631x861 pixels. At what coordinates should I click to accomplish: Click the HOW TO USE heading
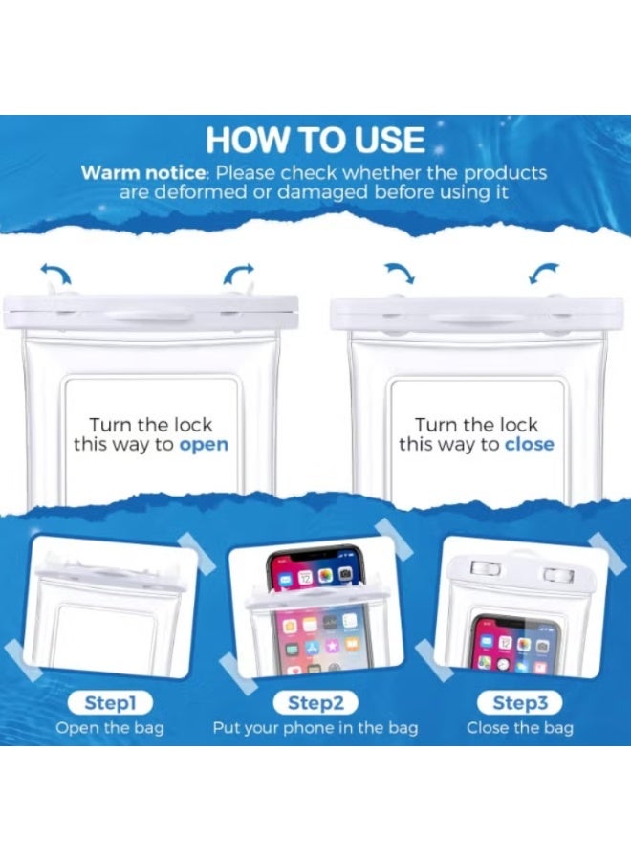click(315, 141)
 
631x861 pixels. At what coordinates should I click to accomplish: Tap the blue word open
click(204, 444)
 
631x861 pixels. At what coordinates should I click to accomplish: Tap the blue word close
click(529, 444)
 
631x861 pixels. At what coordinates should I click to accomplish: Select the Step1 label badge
click(110, 703)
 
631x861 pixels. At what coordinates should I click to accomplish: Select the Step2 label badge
click(315, 703)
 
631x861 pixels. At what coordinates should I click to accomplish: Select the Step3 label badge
click(520, 703)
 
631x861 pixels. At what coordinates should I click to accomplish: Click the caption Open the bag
click(110, 728)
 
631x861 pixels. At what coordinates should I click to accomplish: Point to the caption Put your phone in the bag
click(315, 728)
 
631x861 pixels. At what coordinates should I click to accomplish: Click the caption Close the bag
click(520, 728)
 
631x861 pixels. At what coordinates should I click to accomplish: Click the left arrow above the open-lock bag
click(56, 276)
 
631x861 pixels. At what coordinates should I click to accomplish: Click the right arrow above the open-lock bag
click(239, 276)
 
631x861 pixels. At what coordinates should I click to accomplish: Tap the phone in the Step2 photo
click(315, 612)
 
